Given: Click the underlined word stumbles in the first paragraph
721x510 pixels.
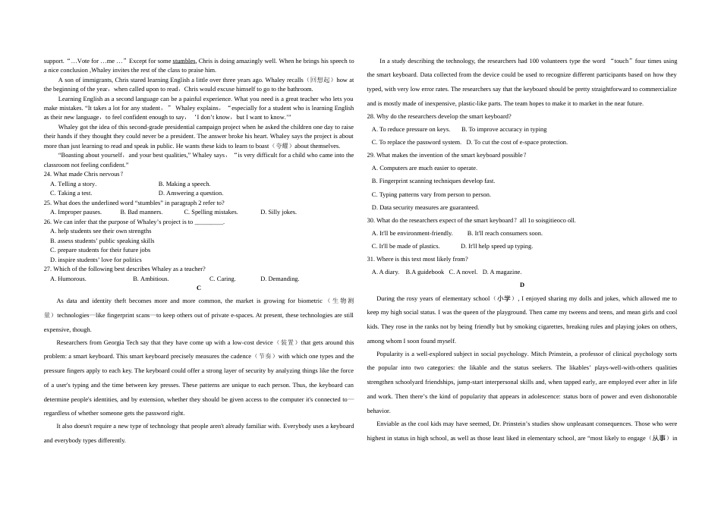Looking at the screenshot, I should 184,61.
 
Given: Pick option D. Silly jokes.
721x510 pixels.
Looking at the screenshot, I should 279,212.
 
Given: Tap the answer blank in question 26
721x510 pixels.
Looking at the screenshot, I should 209,222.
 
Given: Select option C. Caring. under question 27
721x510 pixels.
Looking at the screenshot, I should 222,279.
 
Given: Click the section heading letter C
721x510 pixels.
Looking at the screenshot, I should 199,288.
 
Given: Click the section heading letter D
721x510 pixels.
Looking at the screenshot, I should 522,285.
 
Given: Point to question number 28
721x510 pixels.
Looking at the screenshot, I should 370,116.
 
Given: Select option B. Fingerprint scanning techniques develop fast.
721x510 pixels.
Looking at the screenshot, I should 433,181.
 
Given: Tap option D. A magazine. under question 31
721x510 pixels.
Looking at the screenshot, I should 502,272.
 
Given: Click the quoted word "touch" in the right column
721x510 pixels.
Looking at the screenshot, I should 622,61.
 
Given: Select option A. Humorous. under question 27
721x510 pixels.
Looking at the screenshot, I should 68,279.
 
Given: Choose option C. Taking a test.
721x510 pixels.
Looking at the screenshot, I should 71,193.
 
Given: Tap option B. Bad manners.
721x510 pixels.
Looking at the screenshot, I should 141,212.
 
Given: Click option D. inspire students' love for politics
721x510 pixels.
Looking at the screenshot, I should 96,260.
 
